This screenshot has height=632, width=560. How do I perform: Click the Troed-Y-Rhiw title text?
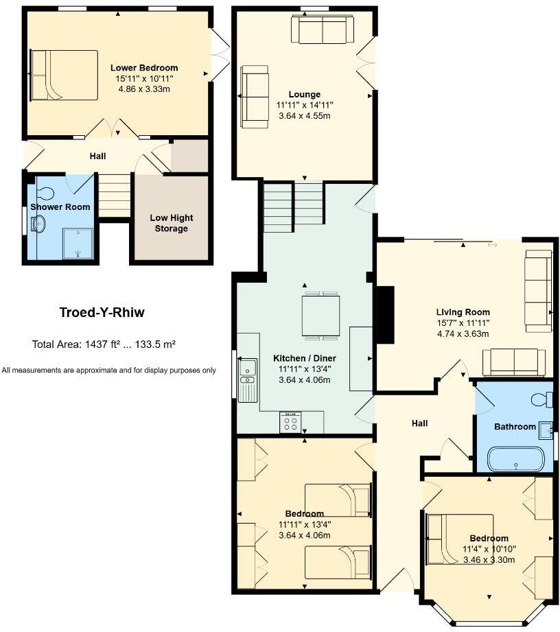[x=102, y=313]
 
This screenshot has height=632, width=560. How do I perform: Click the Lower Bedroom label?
[x=144, y=68]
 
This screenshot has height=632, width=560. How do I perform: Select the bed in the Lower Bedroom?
[x=63, y=75]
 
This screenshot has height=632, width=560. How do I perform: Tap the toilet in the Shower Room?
[x=47, y=194]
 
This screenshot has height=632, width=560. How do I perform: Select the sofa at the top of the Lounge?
[x=322, y=30]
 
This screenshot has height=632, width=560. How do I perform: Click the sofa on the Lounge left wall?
[x=255, y=97]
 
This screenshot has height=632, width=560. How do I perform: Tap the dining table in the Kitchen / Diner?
[x=320, y=315]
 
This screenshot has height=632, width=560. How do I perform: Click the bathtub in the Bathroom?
[x=515, y=459]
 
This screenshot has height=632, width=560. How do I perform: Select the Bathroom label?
[x=515, y=427]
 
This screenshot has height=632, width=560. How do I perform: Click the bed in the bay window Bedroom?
[x=458, y=539]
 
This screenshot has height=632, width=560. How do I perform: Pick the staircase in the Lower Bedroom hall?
[x=115, y=195]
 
